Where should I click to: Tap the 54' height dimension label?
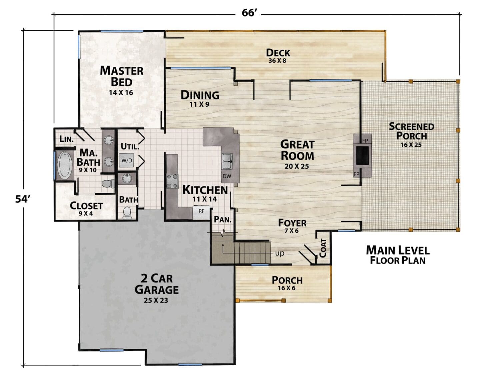[23, 199]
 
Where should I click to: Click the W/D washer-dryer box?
[127, 160]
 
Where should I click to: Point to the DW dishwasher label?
[227, 176]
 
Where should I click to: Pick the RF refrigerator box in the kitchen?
[201, 212]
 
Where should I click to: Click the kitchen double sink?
[227, 161]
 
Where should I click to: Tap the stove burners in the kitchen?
[172, 181]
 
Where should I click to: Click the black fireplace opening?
[362, 155]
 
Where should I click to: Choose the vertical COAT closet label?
[323, 248]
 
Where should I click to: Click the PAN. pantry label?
[223, 220]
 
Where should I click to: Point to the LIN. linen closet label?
[66, 139]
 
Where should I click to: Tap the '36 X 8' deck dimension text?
[277, 60]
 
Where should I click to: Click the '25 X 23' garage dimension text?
[156, 300]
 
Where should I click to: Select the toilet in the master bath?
[108, 183]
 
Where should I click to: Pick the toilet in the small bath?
[127, 212]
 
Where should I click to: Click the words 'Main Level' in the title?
[398, 250]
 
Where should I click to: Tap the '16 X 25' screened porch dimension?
[411, 145]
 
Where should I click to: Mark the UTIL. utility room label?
[130, 146]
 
